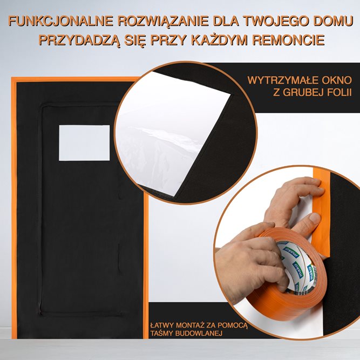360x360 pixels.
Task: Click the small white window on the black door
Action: click(84, 142)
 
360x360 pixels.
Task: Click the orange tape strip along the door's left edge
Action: click(15, 216)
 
